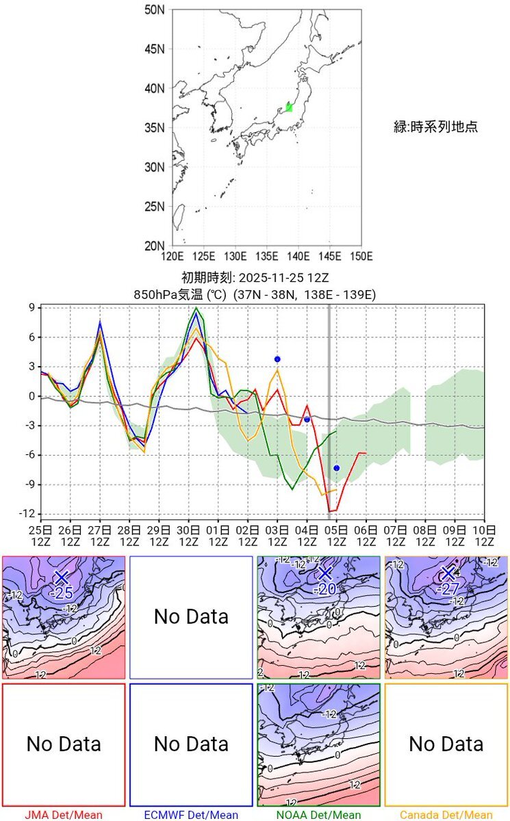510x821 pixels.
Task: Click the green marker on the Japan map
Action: coord(289,107)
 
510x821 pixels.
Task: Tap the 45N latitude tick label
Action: coord(155,49)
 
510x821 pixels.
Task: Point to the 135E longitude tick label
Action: coord(267,257)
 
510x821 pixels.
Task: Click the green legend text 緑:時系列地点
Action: coord(435,127)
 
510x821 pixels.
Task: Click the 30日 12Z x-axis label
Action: coord(189,536)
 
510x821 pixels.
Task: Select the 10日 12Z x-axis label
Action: coord(484,536)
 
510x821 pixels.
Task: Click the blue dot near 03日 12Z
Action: coord(277,359)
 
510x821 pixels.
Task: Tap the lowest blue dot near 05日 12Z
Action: coord(336,468)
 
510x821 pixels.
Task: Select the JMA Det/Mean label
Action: coord(64,815)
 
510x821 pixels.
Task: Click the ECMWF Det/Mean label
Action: coord(191,815)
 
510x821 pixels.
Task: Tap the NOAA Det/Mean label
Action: coord(318,815)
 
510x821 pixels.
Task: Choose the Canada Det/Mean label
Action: coord(446,815)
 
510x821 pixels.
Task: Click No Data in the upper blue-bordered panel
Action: coord(191,616)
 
